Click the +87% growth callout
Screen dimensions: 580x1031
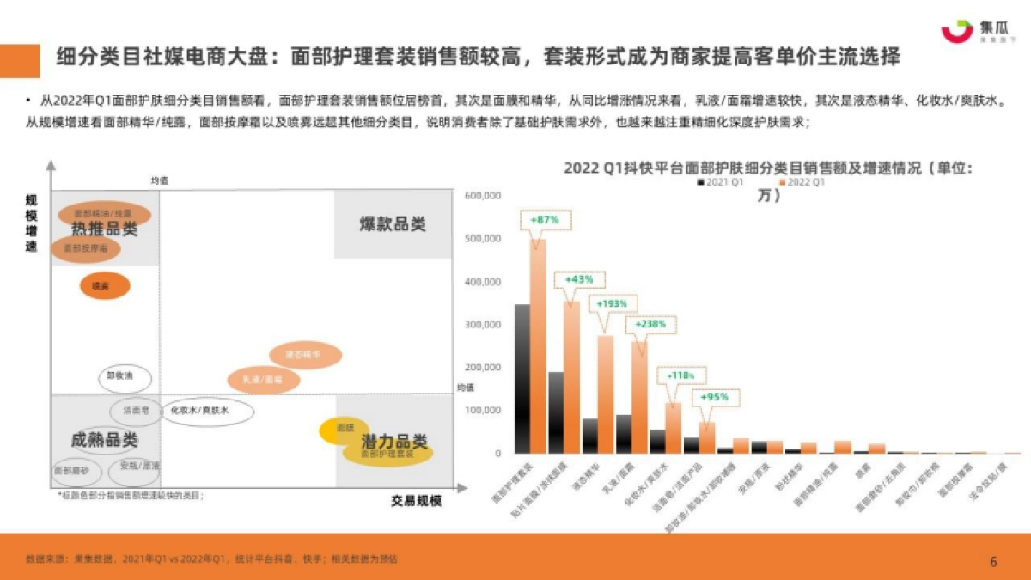click(x=545, y=220)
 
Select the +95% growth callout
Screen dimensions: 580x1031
click(x=714, y=397)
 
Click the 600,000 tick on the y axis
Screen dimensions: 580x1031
click(x=482, y=196)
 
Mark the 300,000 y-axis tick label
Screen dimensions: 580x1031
click(x=482, y=325)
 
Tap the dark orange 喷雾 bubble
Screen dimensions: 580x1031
click(x=105, y=285)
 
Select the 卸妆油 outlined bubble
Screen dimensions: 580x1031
click(x=125, y=376)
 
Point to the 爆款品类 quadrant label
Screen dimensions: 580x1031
click(x=393, y=225)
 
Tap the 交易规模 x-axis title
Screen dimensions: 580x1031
click(x=416, y=501)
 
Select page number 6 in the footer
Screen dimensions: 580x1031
click(x=993, y=562)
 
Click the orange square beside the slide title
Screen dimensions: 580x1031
click(x=20, y=59)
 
